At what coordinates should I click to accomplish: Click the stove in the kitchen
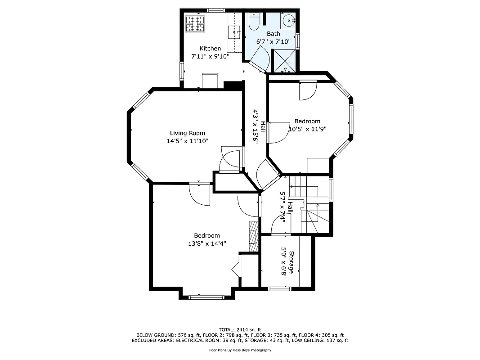[x=195, y=25]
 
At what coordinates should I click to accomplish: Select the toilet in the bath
[x=253, y=22]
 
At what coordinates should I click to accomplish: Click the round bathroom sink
[x=288, y=21]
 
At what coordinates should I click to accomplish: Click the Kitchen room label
[x=210, y=49]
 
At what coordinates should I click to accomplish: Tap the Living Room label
[x=187, y=133]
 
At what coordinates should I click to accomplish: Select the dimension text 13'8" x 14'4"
[x=207, y=243]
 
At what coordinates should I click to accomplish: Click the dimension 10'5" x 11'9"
[x=307, y=129]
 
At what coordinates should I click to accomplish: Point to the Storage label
[x=292, y=262]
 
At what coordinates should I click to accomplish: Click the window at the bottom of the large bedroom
[x=206, y=297]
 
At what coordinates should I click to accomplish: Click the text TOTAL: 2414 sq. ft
[x=240, y=330]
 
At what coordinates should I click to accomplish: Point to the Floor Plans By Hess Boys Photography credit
[x=240, y=350]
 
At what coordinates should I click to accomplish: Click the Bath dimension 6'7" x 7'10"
[x=273, y=41]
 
